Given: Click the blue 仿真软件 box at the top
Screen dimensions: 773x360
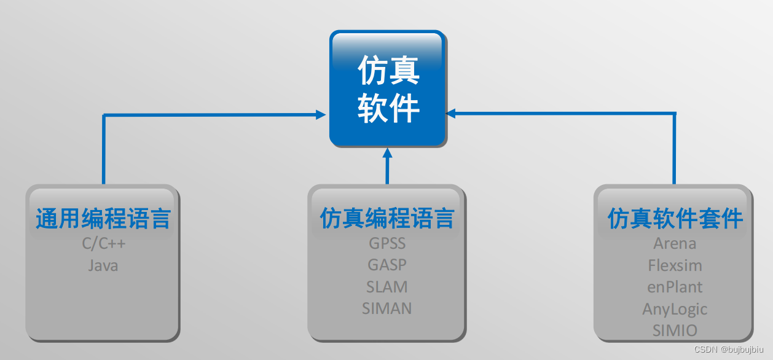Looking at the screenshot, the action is click(387, 89).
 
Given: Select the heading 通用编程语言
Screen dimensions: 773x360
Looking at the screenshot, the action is click(103, 219).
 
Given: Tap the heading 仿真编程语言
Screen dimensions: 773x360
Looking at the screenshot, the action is click(387, 219).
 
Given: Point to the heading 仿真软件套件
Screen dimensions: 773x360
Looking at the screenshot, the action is click(675, 219).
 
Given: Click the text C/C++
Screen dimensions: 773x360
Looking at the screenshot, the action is click(104, 244).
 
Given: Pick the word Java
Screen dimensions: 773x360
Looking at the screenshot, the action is click(103, 265).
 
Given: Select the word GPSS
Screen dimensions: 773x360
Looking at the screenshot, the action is click(387, 243).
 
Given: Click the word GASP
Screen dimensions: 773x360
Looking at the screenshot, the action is click(387, 265).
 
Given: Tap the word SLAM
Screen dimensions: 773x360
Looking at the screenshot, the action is click(387, 287).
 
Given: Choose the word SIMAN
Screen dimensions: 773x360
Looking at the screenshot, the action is click(387, 308).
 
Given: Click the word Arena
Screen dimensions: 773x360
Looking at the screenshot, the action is click(675, 243).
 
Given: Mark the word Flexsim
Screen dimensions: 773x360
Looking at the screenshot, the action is click(675, 265).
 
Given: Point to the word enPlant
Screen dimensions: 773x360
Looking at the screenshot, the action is click(675, 287).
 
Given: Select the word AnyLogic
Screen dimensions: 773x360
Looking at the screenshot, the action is click(675, 309).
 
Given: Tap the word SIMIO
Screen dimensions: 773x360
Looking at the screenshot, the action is click(675, 331).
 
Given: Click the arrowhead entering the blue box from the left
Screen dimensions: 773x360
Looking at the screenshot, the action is click(321, 114).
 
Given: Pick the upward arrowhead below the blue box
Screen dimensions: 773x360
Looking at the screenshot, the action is click(387, 153).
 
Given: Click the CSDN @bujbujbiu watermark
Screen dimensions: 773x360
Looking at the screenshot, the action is click(730, 350).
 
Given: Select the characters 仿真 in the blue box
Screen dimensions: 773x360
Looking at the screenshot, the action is click(388, 71).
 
